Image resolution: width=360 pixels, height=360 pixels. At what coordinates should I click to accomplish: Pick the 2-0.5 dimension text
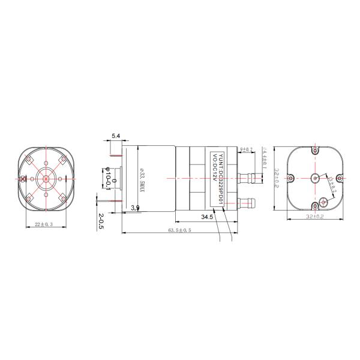click(101, 221)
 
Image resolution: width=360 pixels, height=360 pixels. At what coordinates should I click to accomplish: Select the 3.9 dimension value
click(135, 208)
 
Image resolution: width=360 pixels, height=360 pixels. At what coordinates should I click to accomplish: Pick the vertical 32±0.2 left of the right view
click(278, 178)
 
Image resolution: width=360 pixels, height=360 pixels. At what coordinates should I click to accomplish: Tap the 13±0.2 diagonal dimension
click(331, 184)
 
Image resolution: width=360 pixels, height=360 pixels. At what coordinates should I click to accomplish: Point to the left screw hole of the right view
click(290, 178)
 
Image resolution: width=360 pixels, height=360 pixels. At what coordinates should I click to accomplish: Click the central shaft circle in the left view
click(46, 178)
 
